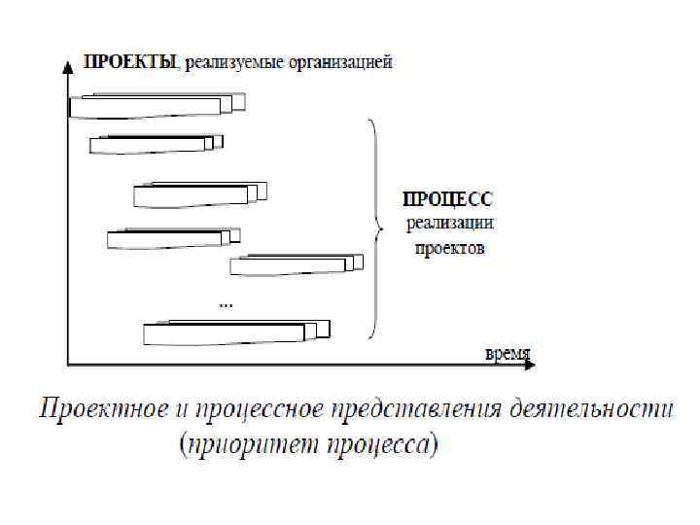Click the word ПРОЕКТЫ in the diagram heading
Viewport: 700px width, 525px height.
click(x=130, y=63)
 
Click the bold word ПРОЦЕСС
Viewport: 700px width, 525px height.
click(x=448, y=198)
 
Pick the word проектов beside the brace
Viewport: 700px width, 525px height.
click(x=449, y=248)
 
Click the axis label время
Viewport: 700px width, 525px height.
click(x=507, y=354)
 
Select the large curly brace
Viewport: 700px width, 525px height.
click(x=372, y=228)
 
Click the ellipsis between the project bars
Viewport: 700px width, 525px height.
click(x=226, y=303)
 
